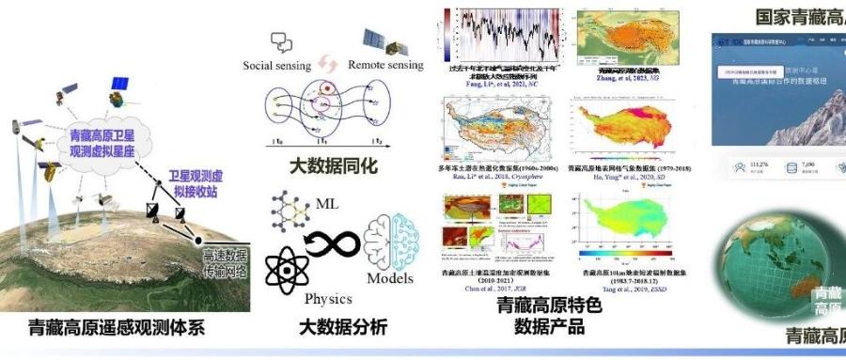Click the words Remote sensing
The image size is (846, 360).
(385, 66)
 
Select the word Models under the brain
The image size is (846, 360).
(389, 277)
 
